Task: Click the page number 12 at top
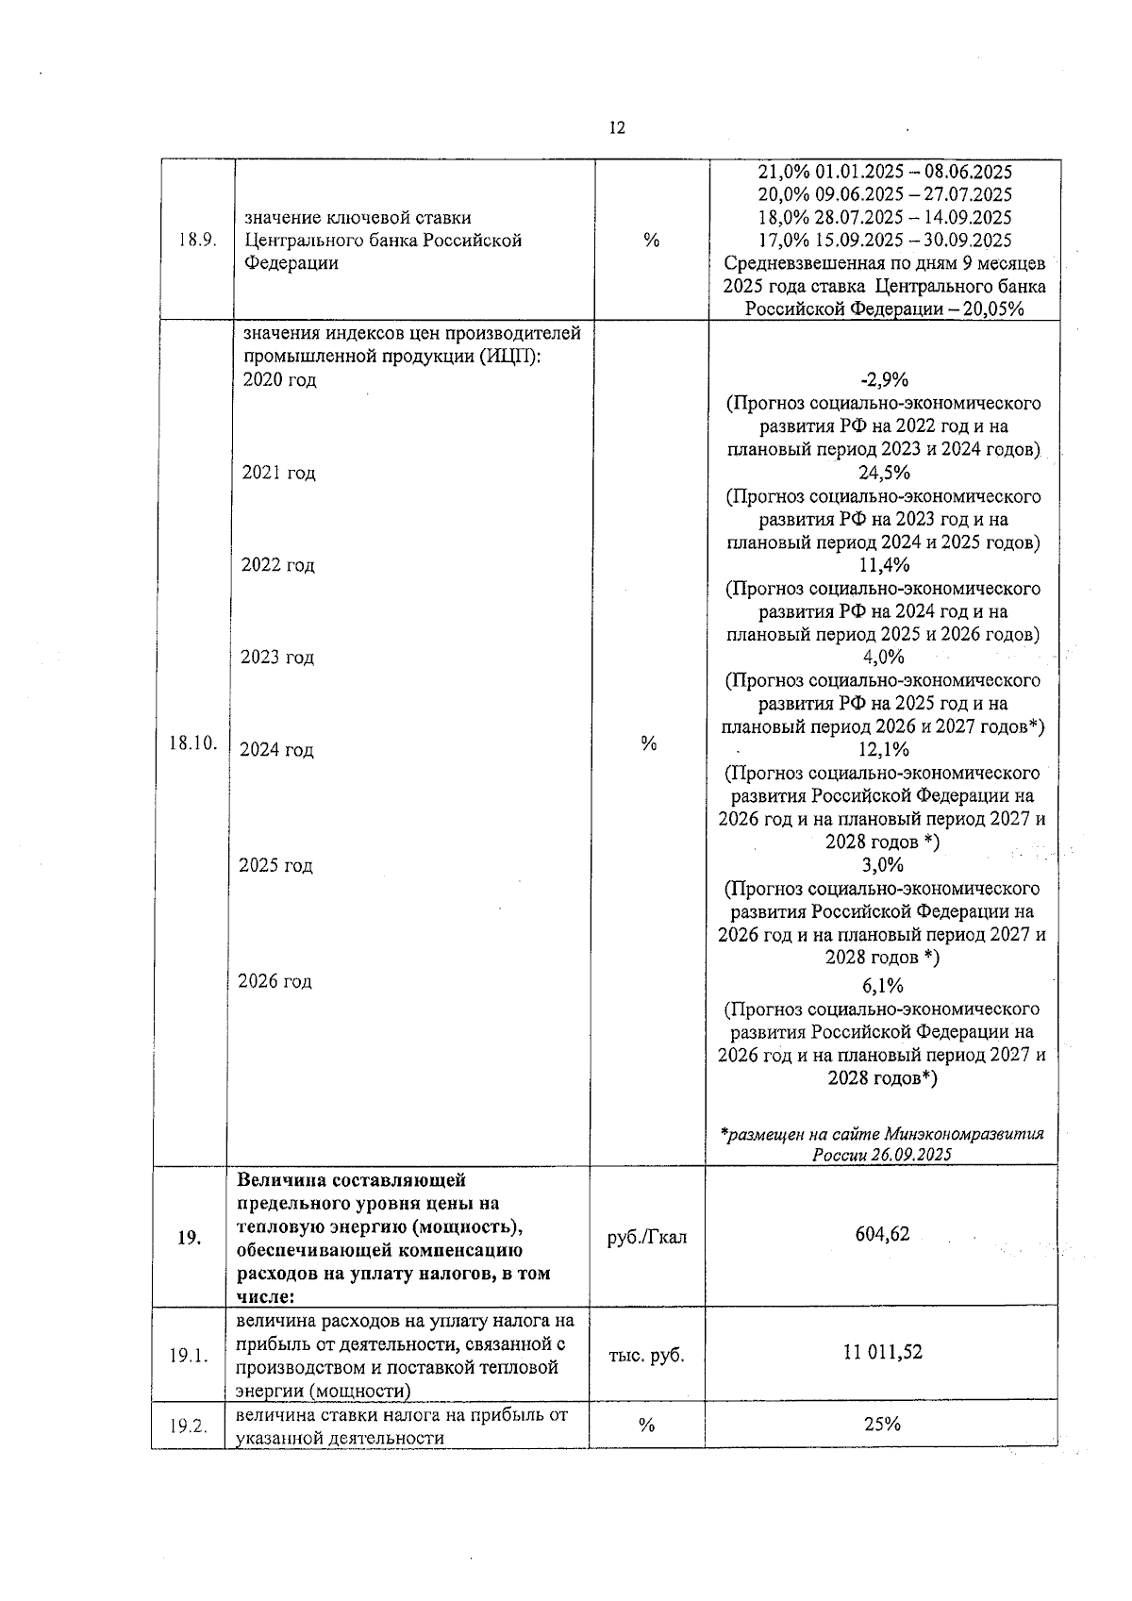pyautogui.click(x=617, y=128)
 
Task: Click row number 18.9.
pyautogui.click(x=197, y=240)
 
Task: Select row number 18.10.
pyautogui.click(x=192, y=743)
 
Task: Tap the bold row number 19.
pyautogui.click(x=189, y=1238)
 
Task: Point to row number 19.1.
pyautogui.click(x=189, y=1356)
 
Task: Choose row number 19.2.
pyautogui.click(x=189, y=1426)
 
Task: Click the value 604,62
pyautogui.click(x=882, y=1234)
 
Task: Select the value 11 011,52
pyautogui.click(x=883, y=1352)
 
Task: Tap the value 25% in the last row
pyautogui.click(x=882, y=1424)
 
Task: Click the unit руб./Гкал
pyautogui.click(x=647, y=1237)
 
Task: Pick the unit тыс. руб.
pyautogui.click(x=647, y=1356)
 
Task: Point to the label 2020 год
pyautogui.click(x=279, y=380)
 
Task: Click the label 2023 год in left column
pyautogui.click(x=277, y=658)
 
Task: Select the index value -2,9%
pyautogui.click(x=884, y=380)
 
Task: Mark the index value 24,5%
pyautogui.click(x=884, y=473)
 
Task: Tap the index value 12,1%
pyautogui.click(x=884, y=749)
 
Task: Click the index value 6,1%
pyautogui.click(x=883, y=986)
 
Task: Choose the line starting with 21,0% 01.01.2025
pyautogui.click(x=885, y=172)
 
